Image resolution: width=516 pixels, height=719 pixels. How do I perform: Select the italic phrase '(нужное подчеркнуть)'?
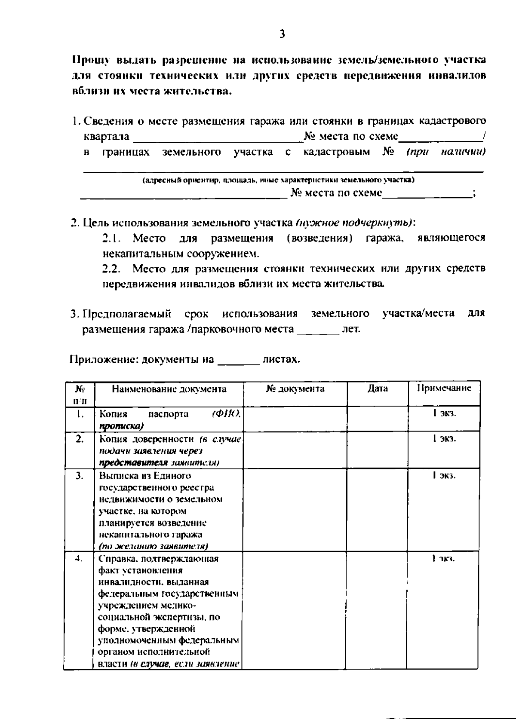point(354,223)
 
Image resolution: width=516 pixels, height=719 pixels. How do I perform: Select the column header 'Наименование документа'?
point(169,389)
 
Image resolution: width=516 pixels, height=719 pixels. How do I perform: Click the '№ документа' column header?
point(295,389)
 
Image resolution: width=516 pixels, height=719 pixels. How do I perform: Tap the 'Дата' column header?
point(378,389)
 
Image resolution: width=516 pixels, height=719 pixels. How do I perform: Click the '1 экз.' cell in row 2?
point(444,438)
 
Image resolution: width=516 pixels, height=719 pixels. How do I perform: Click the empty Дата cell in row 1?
point(377,419)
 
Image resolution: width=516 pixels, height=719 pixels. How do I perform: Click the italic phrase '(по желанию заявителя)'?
point(154,547)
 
